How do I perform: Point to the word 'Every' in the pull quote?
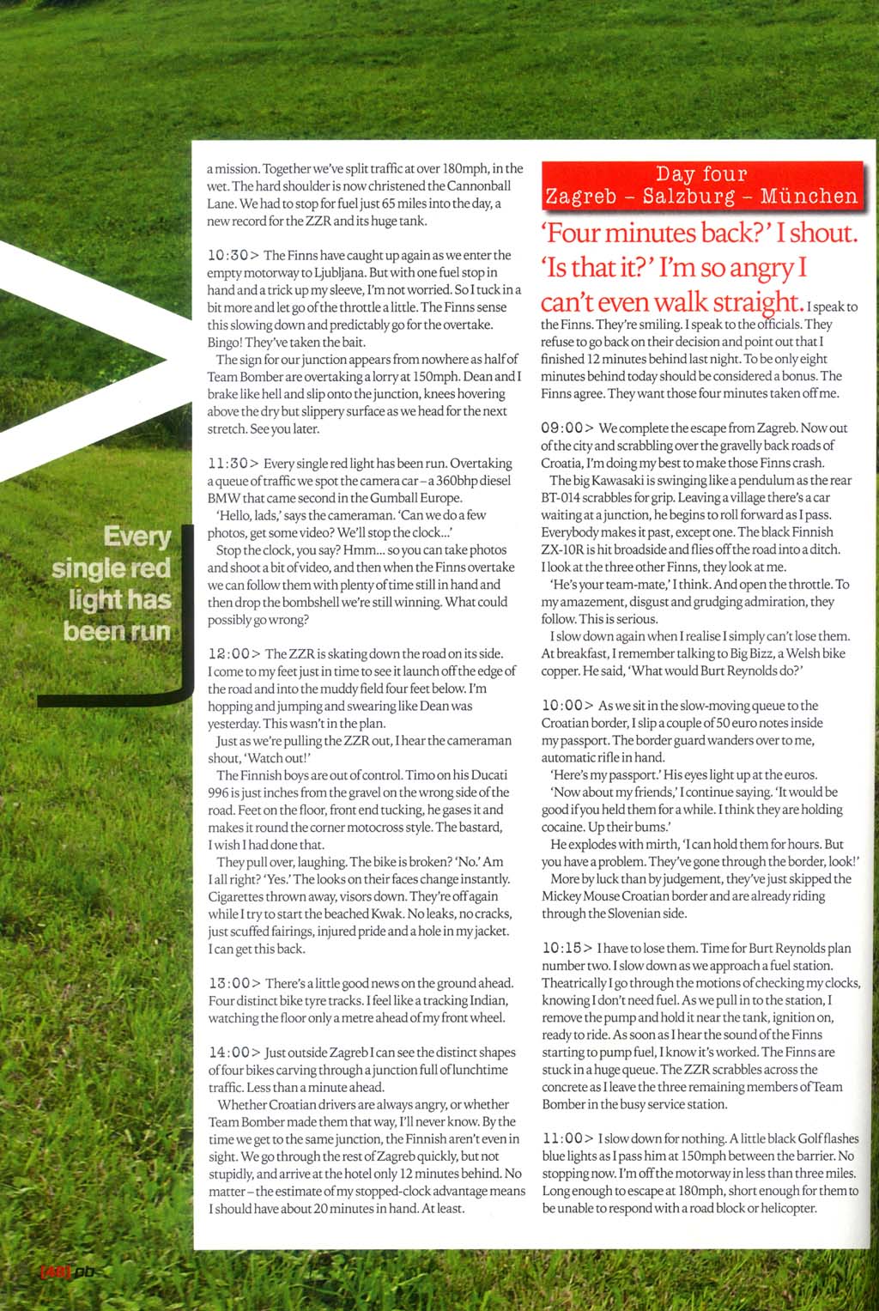(x=137, y=537)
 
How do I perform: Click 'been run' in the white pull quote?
(x=118, y=631)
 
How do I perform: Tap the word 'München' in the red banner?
(x=809, y=197)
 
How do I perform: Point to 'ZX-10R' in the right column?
(x=562, y=549)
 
